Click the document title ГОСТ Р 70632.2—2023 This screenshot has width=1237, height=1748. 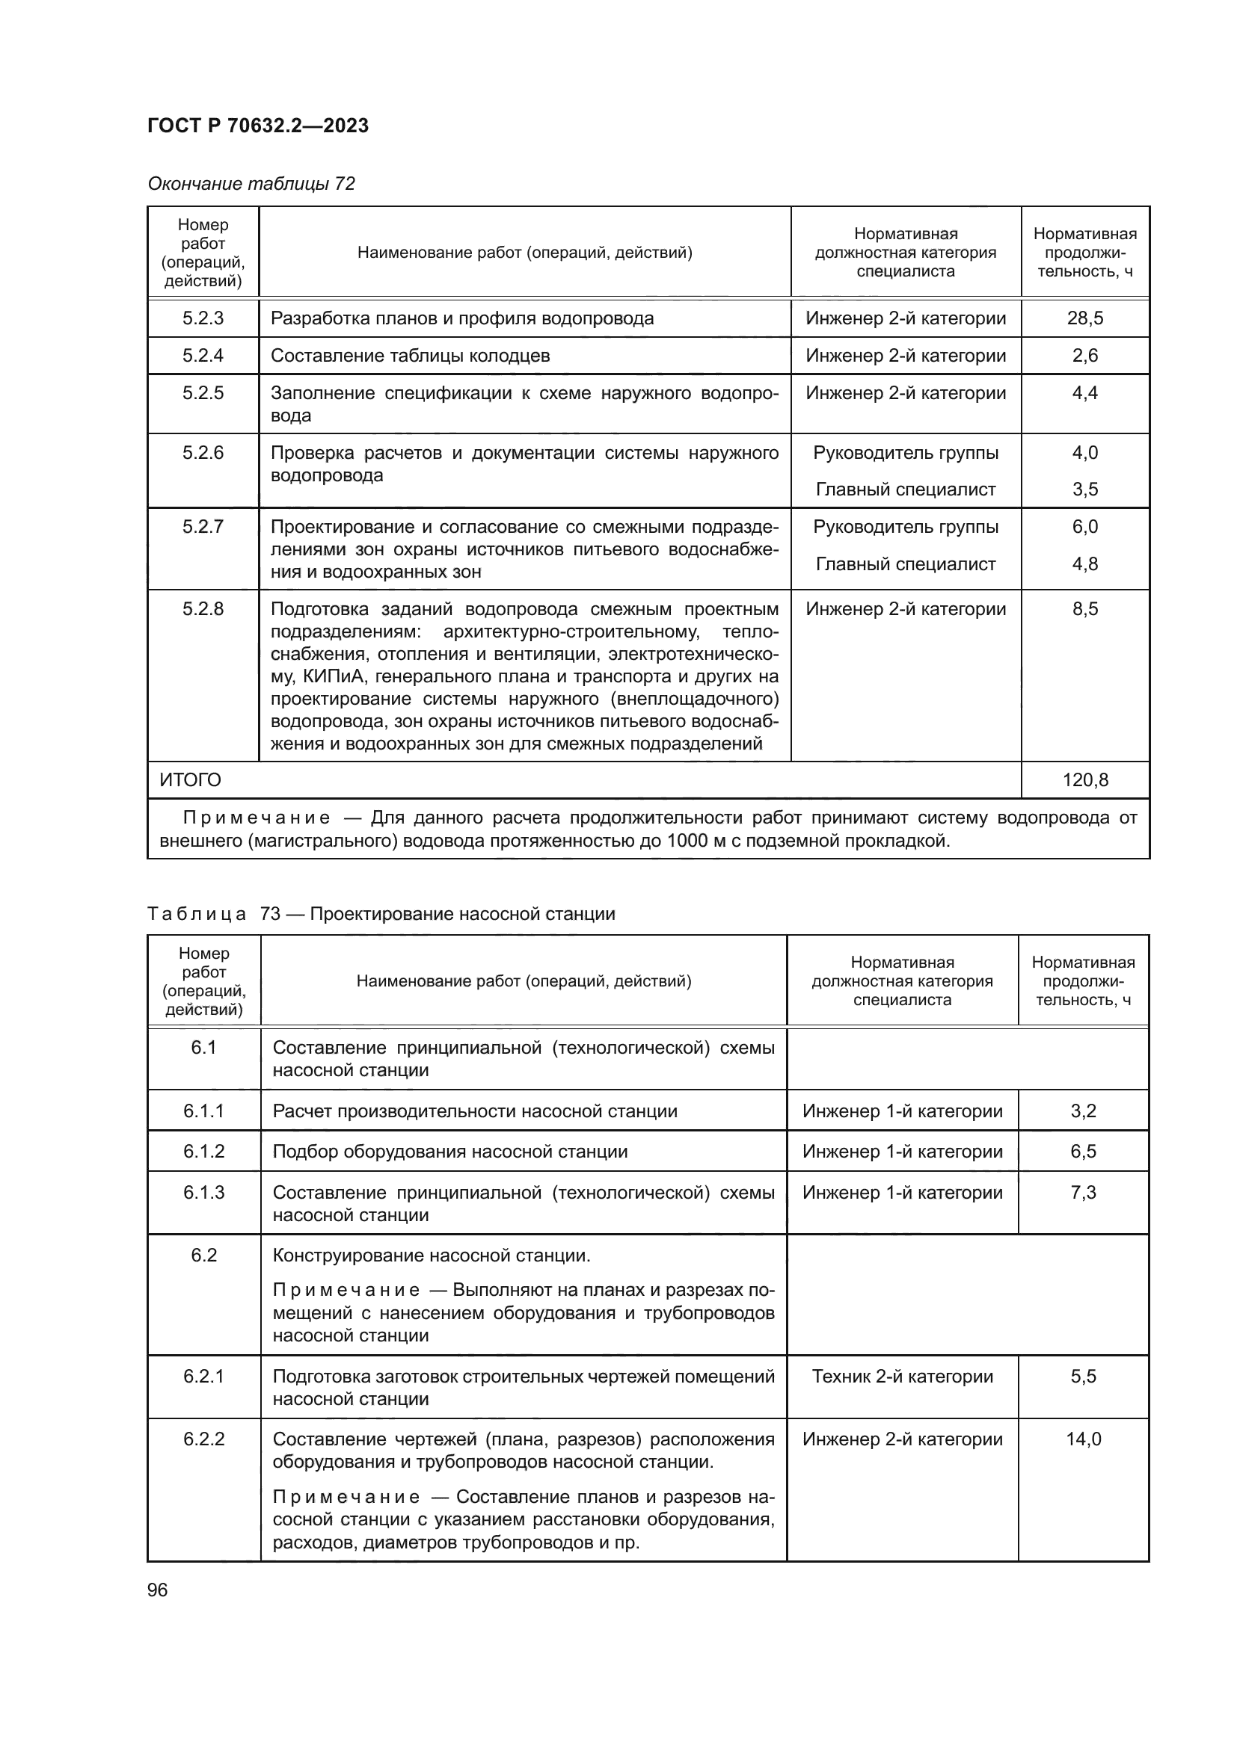coord(257,126)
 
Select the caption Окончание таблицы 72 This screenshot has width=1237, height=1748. coord(251,184)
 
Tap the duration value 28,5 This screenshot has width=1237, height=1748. coord(1084,318)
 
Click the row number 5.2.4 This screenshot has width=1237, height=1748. coord(203,356)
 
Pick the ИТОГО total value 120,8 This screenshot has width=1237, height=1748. coord(1084,779)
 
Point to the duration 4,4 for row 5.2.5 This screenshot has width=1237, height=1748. coord(1084,393)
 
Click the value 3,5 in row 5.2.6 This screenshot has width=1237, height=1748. coord(1084,489)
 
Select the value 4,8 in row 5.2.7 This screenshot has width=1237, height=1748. coord(1084,564)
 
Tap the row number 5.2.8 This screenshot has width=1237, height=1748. coord(203,608)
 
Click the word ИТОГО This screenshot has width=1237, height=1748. coord(191,779)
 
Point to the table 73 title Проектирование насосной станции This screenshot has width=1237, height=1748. coord(462,913)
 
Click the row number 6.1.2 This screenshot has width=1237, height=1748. coord(203,1151)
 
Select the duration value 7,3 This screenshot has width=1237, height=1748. coord(1082,1192)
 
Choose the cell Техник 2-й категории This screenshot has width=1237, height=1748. coord(902,1376)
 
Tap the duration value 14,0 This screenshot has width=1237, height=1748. coord(1082,1439)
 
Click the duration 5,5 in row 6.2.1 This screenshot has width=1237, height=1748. coord(1082,1376)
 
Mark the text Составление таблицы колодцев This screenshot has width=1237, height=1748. coord(410,356)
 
